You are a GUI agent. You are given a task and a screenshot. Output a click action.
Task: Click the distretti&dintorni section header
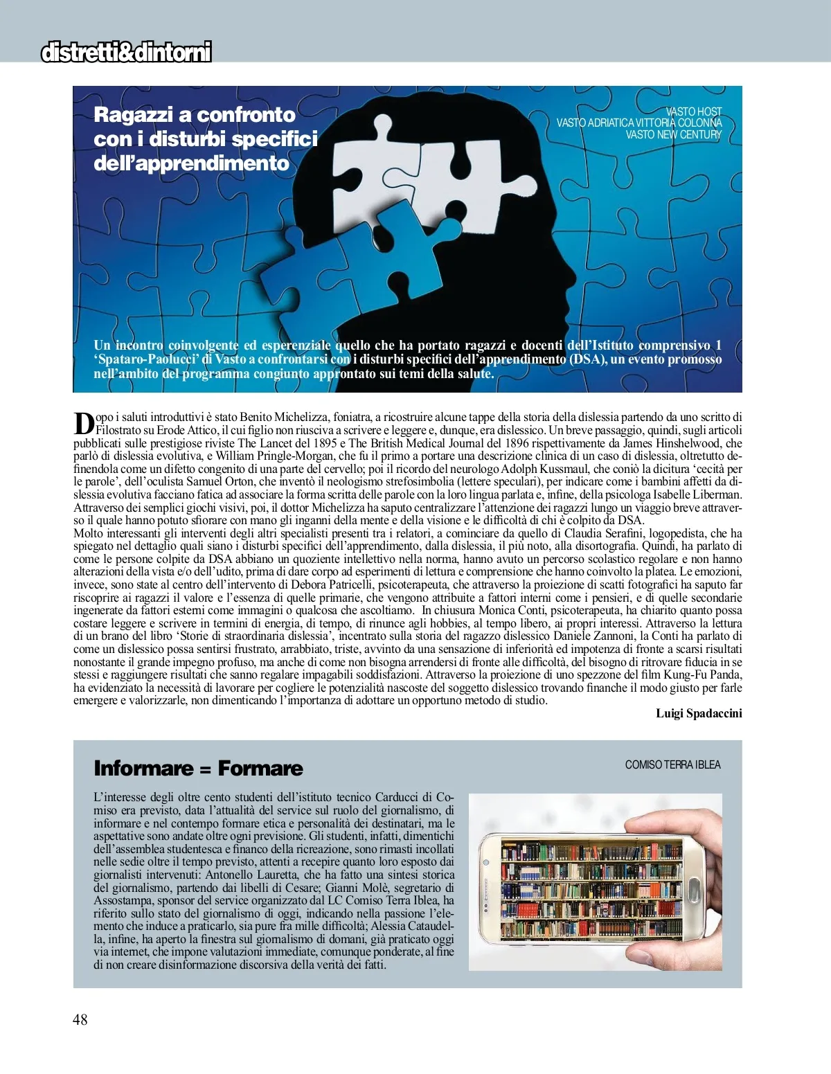click(126, 52)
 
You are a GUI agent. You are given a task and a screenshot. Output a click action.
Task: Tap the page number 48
click(80, 1019)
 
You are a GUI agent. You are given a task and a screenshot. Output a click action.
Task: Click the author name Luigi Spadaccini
click(699, 713)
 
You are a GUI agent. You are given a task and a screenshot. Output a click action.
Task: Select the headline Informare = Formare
click(198, 768)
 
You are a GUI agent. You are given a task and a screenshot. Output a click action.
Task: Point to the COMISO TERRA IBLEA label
click(672, 764)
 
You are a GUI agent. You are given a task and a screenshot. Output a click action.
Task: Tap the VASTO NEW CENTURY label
click(673, 134)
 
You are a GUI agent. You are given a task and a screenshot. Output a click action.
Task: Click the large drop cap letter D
click(83, 423)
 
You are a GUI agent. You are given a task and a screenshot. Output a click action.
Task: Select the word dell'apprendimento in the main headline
click(191, 163)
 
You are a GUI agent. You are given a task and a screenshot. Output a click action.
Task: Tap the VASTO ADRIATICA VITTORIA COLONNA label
click(639, 123)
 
